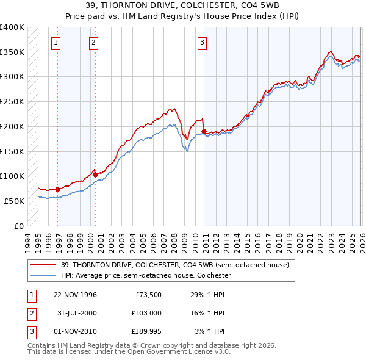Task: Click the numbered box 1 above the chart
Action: click(x=56, y=42)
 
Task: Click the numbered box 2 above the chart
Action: click(x=93, y=42)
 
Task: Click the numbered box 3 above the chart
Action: click(x=202, y=42)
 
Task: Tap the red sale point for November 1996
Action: click(x=57, y=189)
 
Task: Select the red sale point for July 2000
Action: click(x=95, y=175)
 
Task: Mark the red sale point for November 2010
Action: click(x=204, y=131)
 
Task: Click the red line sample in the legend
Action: click(x=44, y=264)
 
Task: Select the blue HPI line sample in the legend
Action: click(x=44, y=275)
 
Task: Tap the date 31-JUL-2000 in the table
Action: click(x=75, y=313)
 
